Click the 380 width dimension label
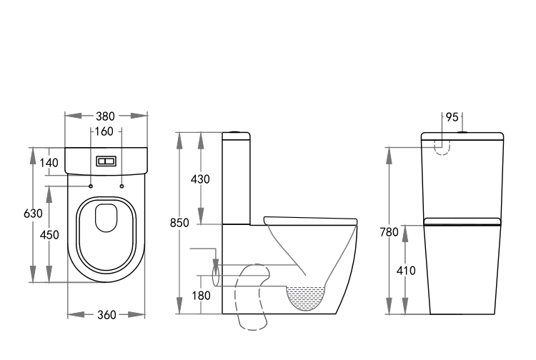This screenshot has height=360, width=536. (x=106, y=116)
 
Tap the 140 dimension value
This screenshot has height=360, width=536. (x=49, y=163)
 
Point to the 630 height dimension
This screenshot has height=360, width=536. (x=33, y=214)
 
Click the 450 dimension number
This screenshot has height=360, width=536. (x=49, y=235)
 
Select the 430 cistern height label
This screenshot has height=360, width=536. (x=200, y=179)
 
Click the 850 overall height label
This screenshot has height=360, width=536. (x=179, y=223)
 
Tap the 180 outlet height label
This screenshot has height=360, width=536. (x=200, y=294)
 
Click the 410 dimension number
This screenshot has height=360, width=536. (x=406, y=271)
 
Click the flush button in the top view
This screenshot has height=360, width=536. (x=106, y=161)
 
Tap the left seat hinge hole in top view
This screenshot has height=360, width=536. (x=91, y=186)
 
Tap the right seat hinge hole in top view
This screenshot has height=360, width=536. (x=121, y=186)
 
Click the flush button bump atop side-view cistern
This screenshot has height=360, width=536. (x=236, y=133)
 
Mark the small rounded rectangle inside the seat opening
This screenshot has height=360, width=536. (x=106, y=218)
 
